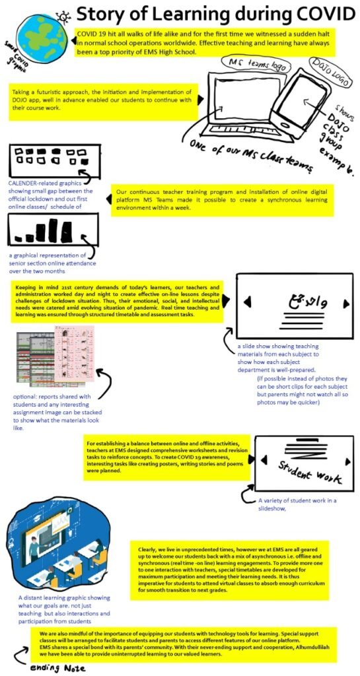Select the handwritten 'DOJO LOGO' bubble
[327, 67]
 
